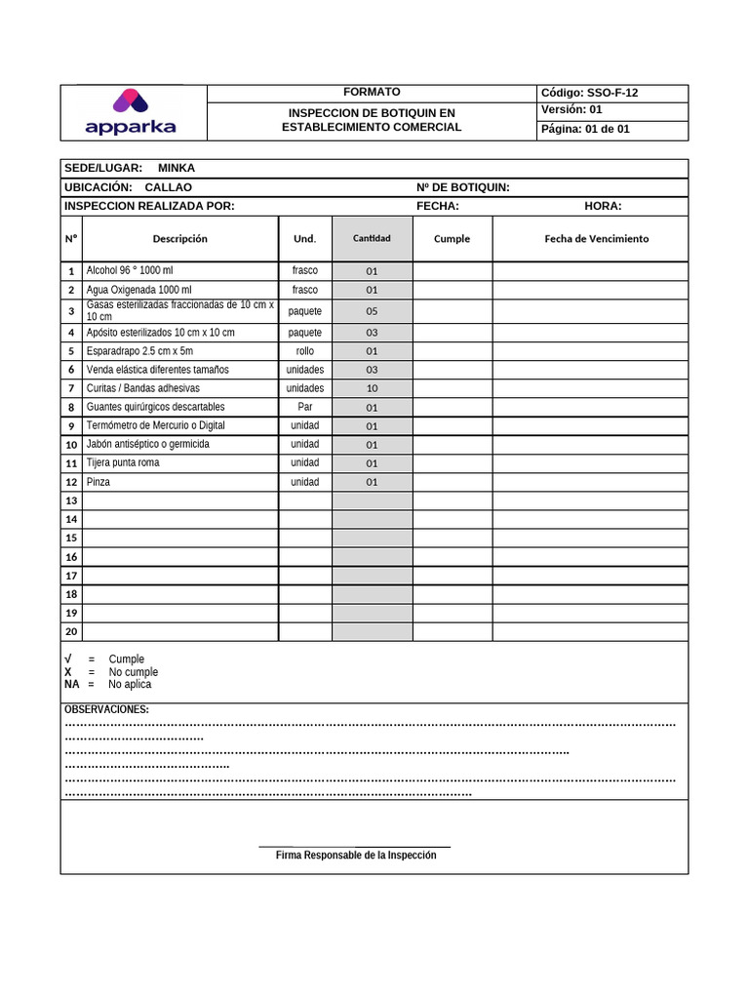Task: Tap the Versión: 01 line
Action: click(x=572, y=110)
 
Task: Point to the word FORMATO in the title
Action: click(x=372, y=92)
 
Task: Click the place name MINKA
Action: click(x=177, y=168)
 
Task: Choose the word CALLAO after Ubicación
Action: click(x=168, y=187)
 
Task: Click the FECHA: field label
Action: click(x=438, y=206)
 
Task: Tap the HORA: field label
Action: click(x=603, y=206)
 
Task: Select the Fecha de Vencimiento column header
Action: click(x=596, y=239)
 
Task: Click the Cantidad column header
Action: click(x=372, y=239)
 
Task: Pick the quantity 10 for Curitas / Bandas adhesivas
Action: click(x=372, y=388)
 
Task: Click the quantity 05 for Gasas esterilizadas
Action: click(x=372, y=312)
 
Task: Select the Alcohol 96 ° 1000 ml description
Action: click(x=130, y=270)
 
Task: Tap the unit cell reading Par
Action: click(x=305, y=407)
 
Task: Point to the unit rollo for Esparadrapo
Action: click(x=305, y=351)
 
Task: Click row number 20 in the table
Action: click(x=71, y=631)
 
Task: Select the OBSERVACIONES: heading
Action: click(x=106, y=709)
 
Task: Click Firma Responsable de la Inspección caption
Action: click(x=356, y=856)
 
